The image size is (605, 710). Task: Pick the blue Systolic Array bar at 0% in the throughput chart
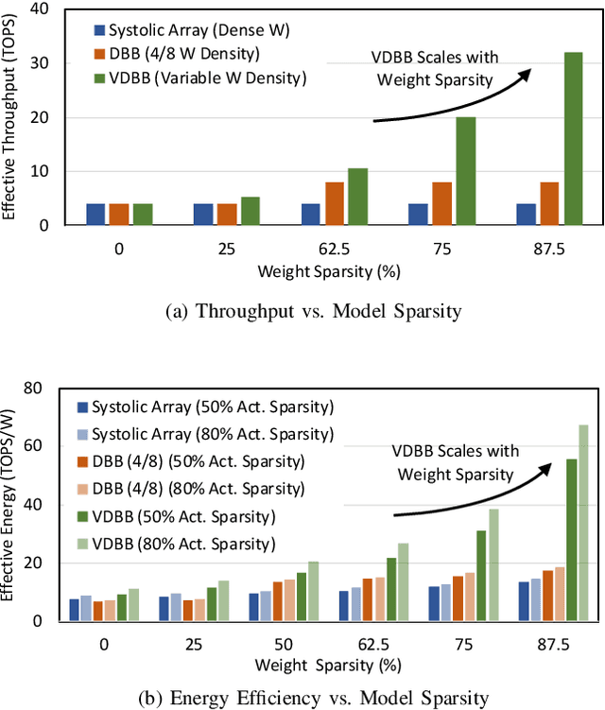click(x=95, y=214)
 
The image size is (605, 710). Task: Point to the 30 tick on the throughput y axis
click(x=57, y=63)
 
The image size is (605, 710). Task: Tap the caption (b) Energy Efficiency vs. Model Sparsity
click(x=302, y=698)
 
